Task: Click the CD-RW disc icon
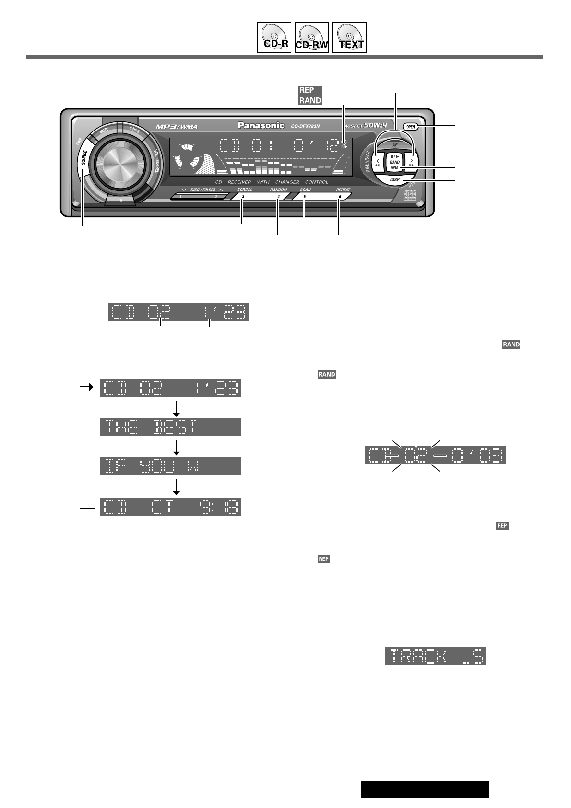311,37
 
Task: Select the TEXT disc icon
349,37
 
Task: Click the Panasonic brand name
262,126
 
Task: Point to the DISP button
394,179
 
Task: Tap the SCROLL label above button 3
244,190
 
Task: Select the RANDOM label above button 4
278,190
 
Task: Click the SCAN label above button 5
305,190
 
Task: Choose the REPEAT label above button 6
343,190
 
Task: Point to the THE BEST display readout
170,427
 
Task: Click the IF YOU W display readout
170,466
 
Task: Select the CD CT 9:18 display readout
170,507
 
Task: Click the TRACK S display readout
435,656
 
